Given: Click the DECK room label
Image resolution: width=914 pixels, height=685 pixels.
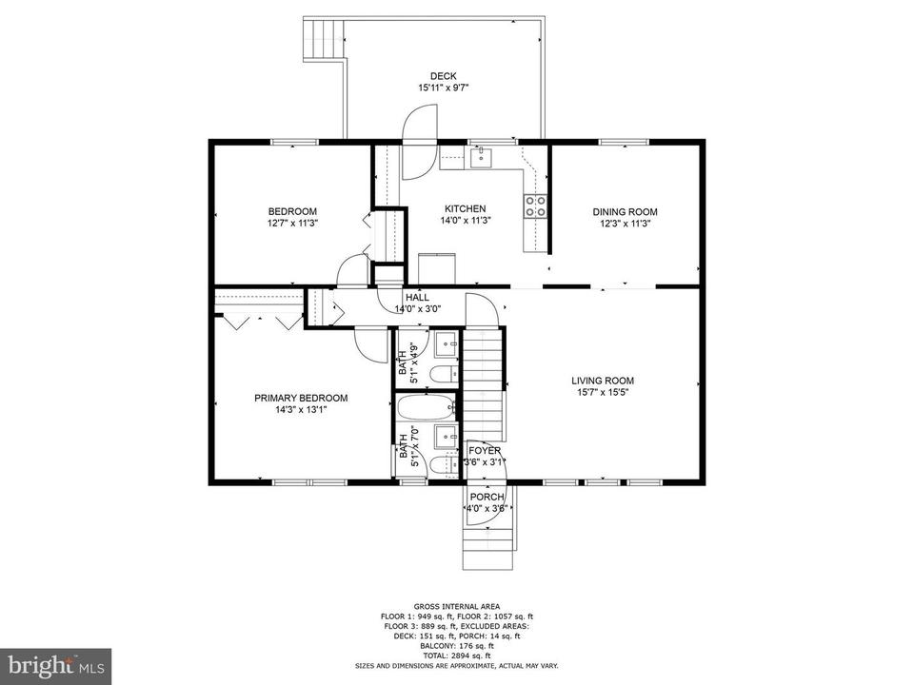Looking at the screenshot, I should coord(443,76).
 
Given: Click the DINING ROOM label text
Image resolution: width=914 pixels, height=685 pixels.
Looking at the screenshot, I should coord(625,212).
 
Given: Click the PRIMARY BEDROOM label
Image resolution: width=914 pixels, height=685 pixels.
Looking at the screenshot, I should coord(300,399).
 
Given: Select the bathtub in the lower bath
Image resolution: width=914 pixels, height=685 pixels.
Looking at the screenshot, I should coord(426,410).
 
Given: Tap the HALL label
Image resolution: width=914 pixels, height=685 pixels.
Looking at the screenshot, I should coord(416,297).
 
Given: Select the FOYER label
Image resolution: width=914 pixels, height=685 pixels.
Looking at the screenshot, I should coord(484,451).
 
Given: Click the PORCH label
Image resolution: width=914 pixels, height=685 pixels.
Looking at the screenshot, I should coord(486,497).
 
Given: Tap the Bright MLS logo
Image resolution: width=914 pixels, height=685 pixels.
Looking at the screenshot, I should coord(55,665).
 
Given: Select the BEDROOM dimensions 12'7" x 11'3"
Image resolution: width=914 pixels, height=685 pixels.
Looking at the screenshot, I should coord(291,224).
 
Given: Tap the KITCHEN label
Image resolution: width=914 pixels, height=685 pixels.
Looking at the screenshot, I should coord(465,208).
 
